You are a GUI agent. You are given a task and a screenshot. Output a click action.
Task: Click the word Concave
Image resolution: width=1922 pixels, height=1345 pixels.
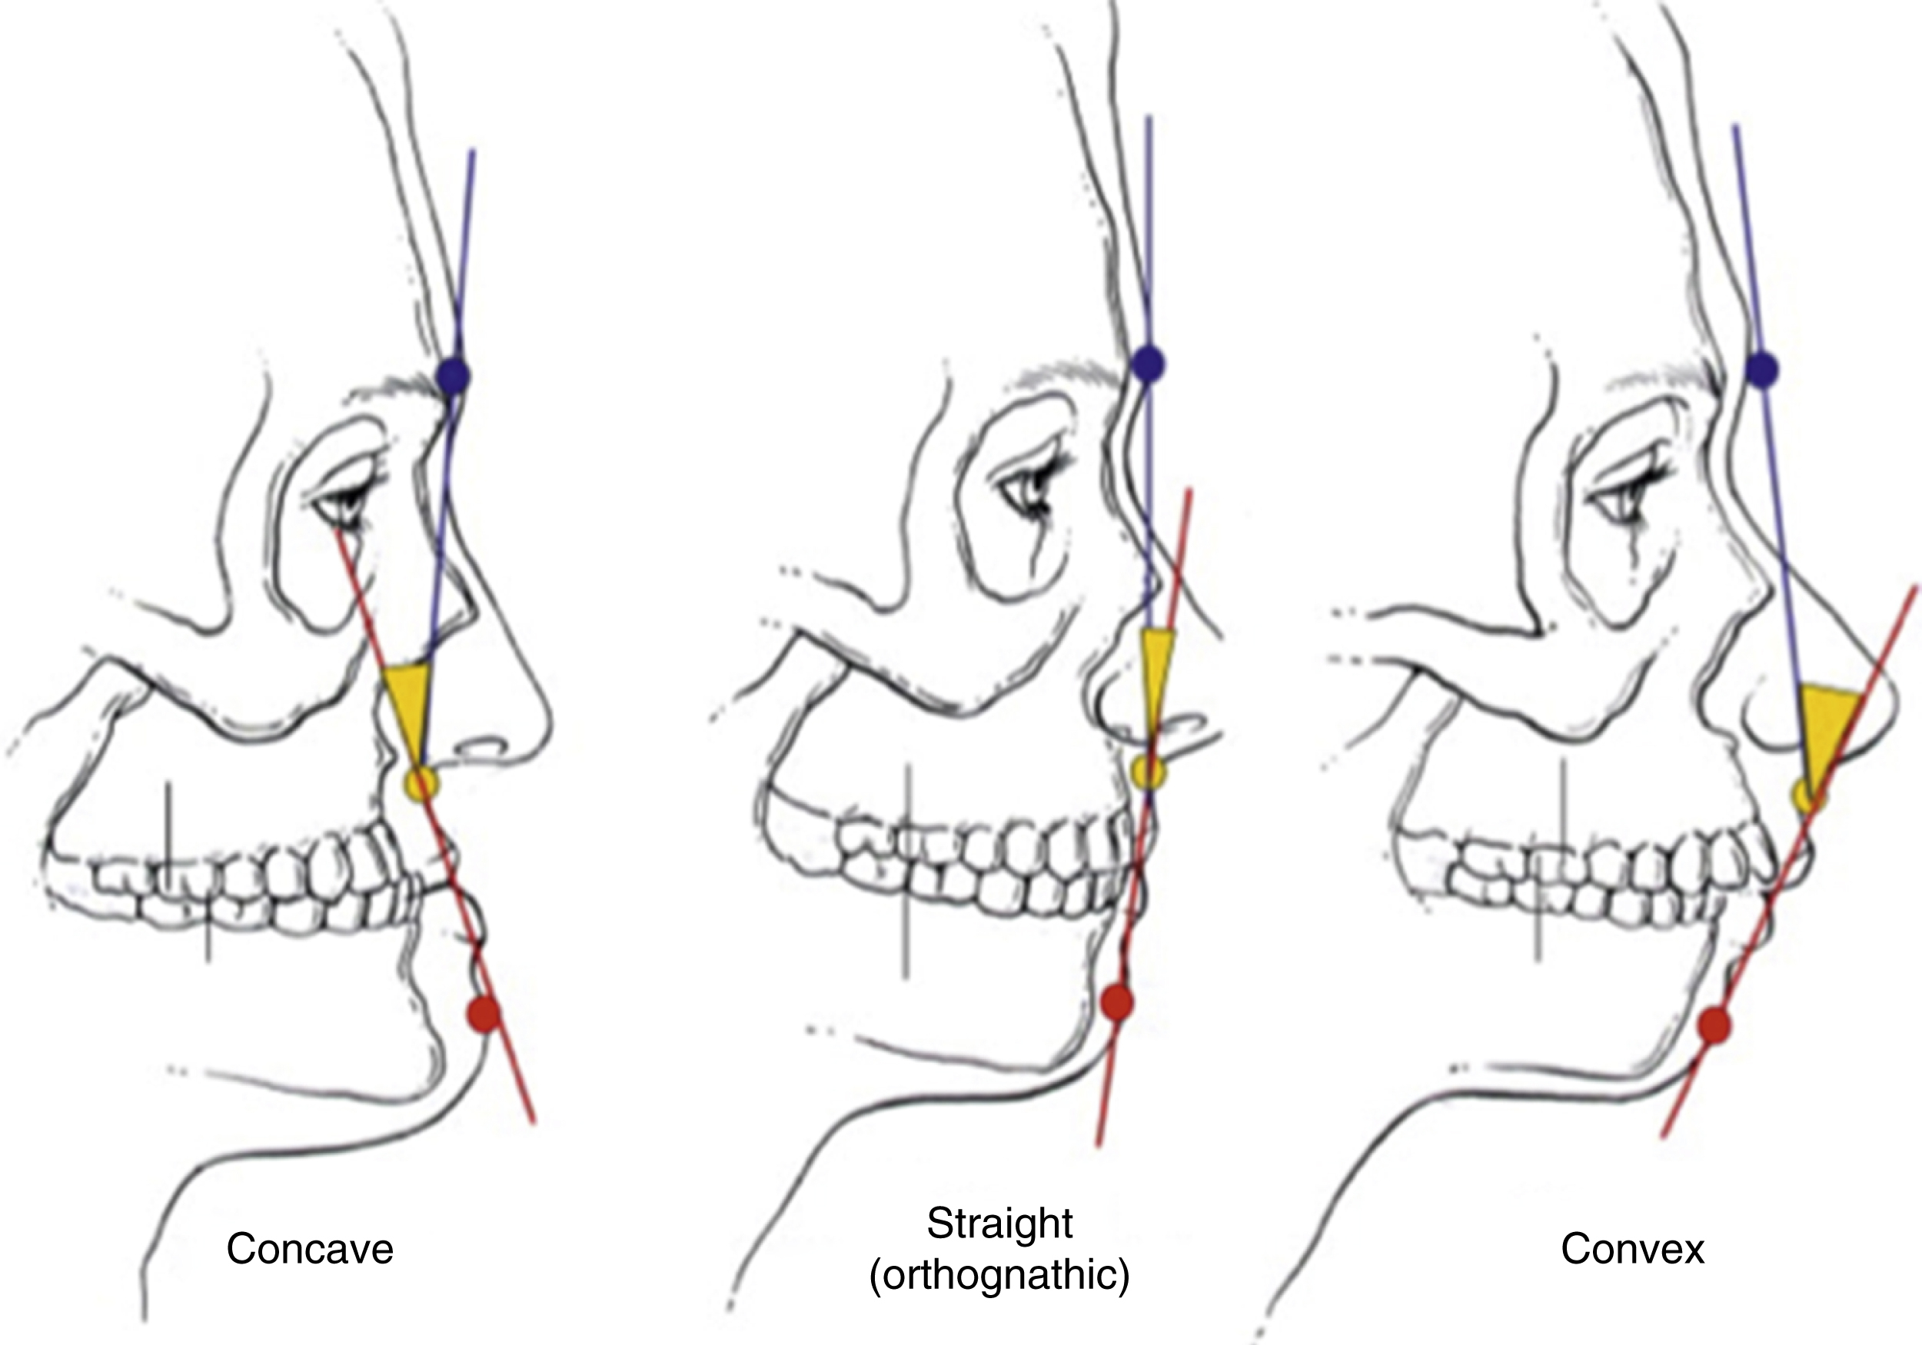(310, 1249)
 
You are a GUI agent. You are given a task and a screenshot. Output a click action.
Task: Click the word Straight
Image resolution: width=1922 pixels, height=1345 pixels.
(999, 1224)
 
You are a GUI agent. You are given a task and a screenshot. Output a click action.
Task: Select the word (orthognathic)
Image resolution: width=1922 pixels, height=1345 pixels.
(999, 1276)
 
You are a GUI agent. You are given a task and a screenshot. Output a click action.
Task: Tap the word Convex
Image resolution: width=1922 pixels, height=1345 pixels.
(1632, 1249)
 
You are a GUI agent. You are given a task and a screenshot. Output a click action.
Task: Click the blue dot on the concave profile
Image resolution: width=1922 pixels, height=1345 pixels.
(454, 375)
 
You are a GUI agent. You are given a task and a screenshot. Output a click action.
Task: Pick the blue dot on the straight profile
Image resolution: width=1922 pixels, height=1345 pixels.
(1148, 363)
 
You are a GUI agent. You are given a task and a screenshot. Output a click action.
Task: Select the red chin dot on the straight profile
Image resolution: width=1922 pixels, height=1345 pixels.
(1117, 1002)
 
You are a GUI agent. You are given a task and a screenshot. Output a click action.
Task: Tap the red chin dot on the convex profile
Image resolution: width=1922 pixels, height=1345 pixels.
(1715, 1025)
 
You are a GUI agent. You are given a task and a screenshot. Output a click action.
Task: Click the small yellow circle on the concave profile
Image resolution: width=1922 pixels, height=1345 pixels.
(421, 784)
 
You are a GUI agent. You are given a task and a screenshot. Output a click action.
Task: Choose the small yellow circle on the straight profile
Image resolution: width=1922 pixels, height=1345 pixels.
(1148, 770)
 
